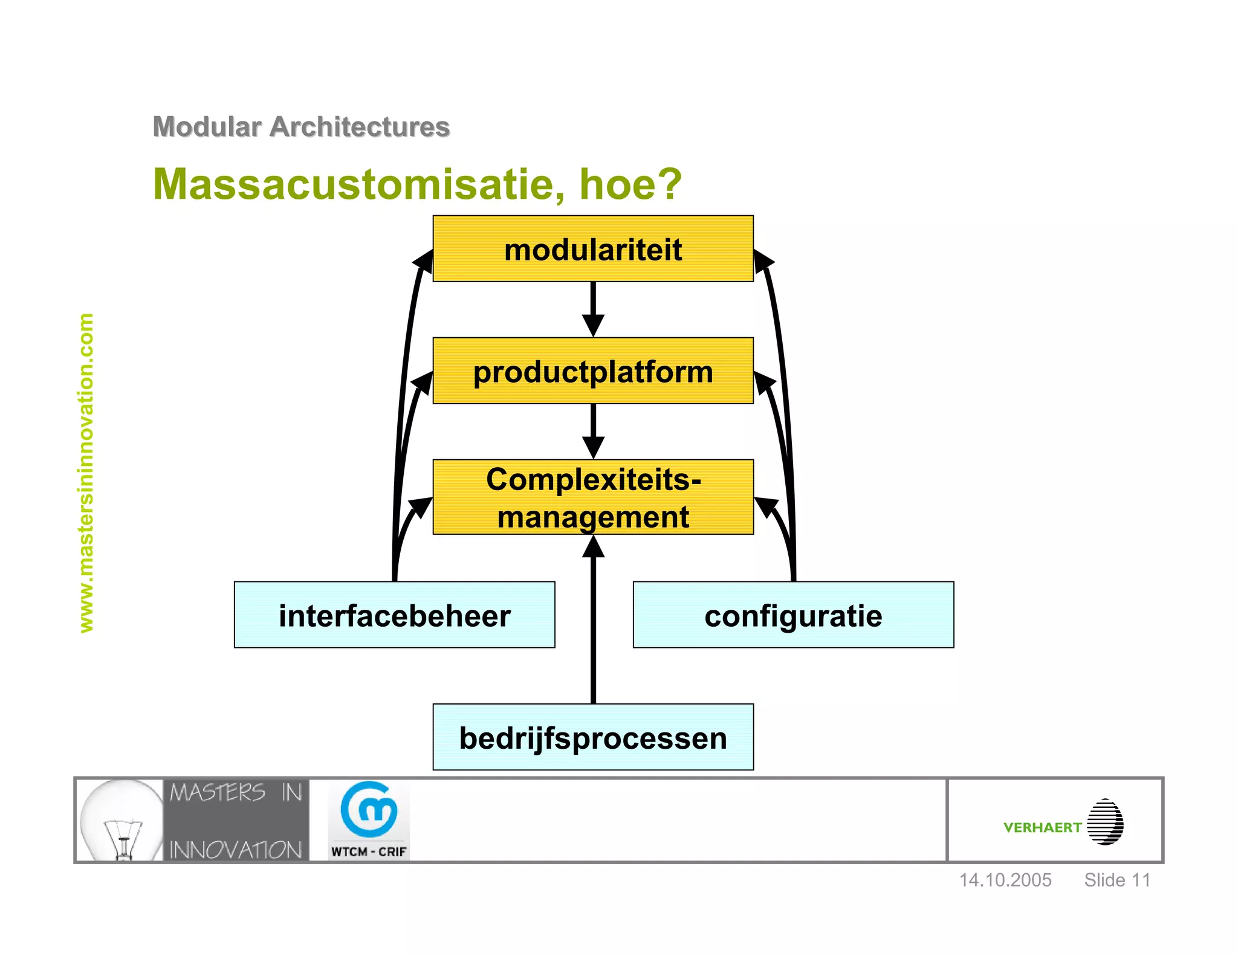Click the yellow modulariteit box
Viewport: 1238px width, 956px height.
[x=592, y=249]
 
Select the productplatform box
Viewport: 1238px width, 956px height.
[x=592, y=371]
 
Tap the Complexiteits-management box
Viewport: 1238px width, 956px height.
[x=592, y=497]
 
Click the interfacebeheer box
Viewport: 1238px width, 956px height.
[x=394, y=615]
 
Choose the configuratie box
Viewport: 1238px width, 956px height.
[x=793, y=615]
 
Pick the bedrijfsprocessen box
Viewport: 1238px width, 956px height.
[x=592, y=737]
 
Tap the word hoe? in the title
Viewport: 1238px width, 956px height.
[x=630, y=184]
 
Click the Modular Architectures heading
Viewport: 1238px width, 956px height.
[x=301, y=127]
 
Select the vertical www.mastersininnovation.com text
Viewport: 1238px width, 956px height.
[x=86, y=473]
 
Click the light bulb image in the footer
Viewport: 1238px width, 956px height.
[x=120, y=821]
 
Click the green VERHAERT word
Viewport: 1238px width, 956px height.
[x=1042, y=827]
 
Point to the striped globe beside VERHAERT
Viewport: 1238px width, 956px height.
[x=1105, y=822]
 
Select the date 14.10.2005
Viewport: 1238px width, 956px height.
[x=1005, y=880]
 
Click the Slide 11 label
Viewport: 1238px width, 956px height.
[x=1116, y=880]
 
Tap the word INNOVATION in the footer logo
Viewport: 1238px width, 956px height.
[x=236, y=850]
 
